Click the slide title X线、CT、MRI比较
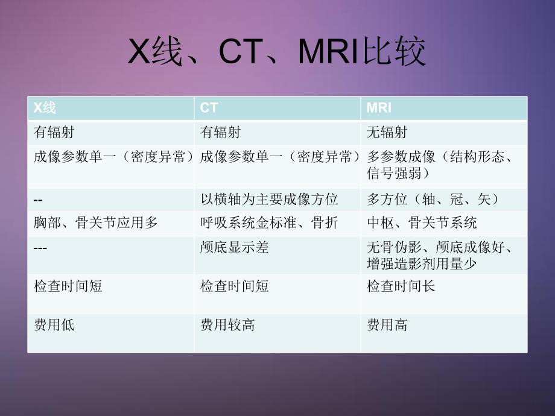277,52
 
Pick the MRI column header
379,108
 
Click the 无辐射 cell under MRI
387,131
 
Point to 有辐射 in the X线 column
54,131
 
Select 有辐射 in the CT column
220,131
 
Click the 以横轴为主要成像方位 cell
269,198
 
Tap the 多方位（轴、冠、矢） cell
433,198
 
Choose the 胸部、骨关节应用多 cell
96,222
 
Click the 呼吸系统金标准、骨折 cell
269,222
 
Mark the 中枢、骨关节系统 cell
422,222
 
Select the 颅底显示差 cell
235,247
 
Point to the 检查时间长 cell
401,286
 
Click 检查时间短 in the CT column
235,286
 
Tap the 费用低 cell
54,325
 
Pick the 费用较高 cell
227,325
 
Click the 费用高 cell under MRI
387,325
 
